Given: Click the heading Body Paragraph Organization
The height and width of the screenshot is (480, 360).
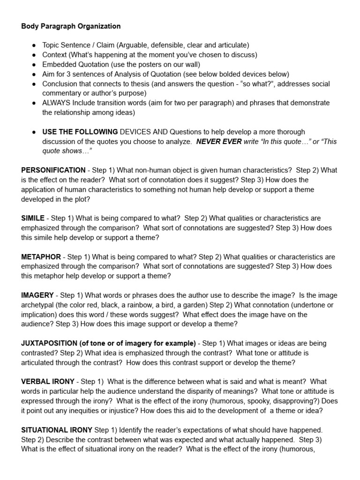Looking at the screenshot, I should click(71, 26).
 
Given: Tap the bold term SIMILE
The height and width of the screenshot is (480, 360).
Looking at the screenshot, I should click(33, 218).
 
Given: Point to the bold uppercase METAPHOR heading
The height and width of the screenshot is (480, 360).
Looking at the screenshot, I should click(41, 257).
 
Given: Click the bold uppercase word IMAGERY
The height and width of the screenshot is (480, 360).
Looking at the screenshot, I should click(37, 295).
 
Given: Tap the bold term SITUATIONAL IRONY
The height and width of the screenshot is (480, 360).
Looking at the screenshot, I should click(57, 430).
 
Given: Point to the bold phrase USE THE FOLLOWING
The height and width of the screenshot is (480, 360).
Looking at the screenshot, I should click(80, 132).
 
